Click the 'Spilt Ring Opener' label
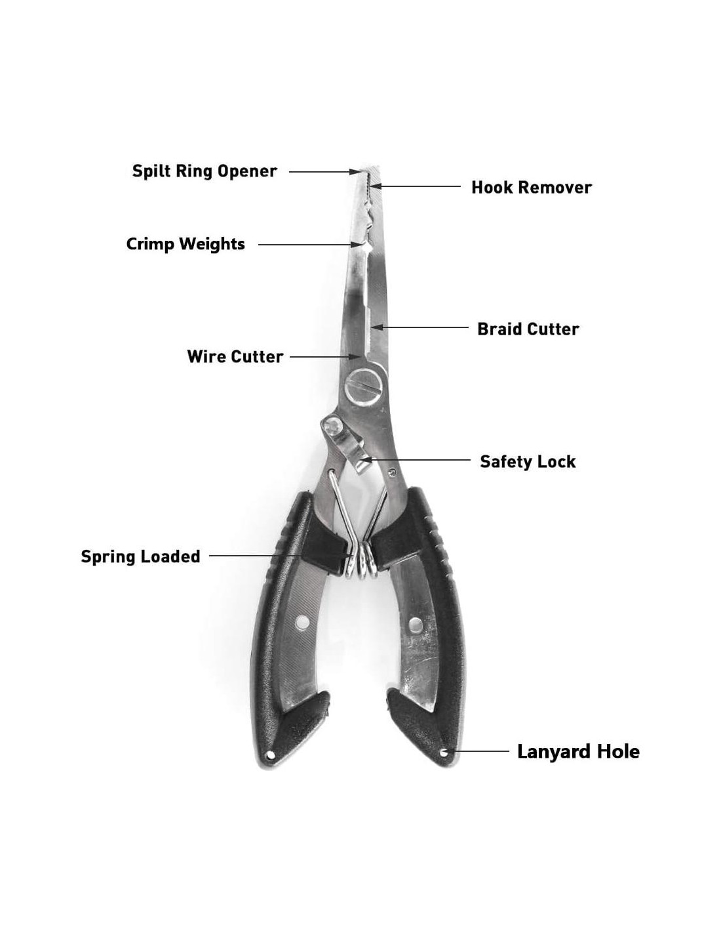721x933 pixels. (x=205, y=171)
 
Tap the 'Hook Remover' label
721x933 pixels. (x=531, y=188)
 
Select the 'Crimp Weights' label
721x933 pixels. (x=185, y=244)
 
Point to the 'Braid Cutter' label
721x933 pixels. (x=528, y=329)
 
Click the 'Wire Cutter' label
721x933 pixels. (x=235, y=357)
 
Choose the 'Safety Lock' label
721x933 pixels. (x=527, y=461)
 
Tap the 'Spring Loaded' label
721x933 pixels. (x=140, y=556)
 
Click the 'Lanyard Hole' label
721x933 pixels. (x=578, y=751)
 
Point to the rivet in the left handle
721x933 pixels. (x=302, y=621)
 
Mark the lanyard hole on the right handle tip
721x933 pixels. (x=444, y=753)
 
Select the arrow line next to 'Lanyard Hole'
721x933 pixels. (x=480, y=751)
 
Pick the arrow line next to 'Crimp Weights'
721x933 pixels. (x=308, y=244)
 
